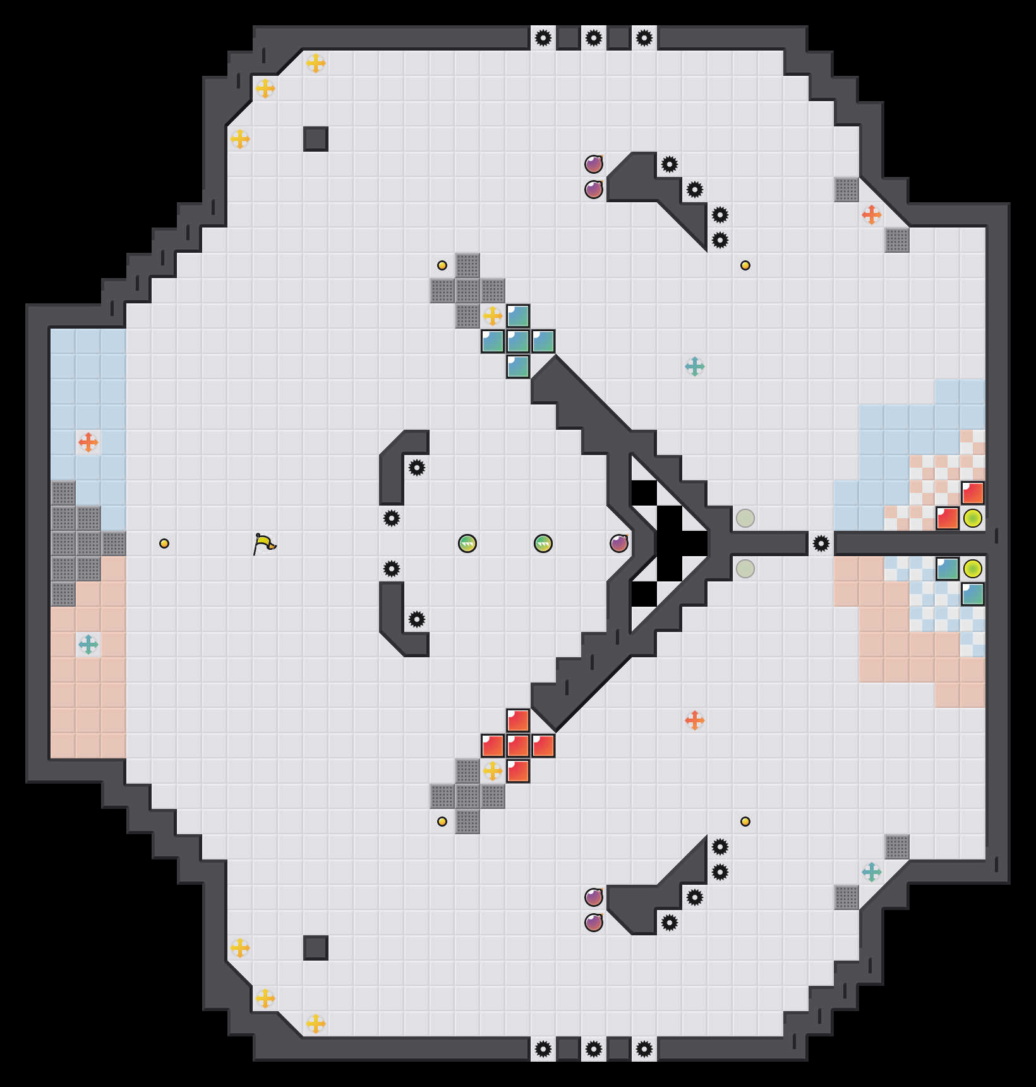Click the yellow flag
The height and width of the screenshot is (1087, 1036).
point(264,543)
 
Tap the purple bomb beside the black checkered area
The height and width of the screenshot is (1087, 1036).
point(619,543)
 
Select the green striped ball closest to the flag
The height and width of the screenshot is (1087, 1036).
point(467,543)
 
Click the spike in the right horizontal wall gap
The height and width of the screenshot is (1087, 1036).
point(821,543)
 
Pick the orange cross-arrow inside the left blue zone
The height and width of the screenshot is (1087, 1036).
point(88,442)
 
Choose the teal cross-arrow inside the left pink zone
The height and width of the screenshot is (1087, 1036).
point(88,645)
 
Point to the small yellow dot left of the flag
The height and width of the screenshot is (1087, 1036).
point(164,543)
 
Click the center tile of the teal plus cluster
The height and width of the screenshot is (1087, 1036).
point(518,341)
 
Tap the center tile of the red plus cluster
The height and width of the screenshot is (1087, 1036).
point(518,746)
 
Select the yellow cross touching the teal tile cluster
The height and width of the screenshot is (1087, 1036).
point(493,316)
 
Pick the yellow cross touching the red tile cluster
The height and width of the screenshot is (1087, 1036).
point(493,771)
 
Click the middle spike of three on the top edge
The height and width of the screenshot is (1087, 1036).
point(594,38)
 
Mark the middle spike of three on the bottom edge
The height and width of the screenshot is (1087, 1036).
point(594,1049)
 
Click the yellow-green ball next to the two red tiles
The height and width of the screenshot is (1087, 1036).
point(973,518)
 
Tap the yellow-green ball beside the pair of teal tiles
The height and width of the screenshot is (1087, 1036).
point(973,569)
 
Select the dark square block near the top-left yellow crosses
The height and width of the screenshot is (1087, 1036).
point(316,139)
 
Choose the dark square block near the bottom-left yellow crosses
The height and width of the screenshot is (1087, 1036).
point(316,948)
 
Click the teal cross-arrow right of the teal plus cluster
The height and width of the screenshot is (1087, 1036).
point(695,367)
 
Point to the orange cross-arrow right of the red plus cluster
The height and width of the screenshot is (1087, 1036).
point(695,720)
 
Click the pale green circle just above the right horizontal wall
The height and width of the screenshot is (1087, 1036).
point(745,518)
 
